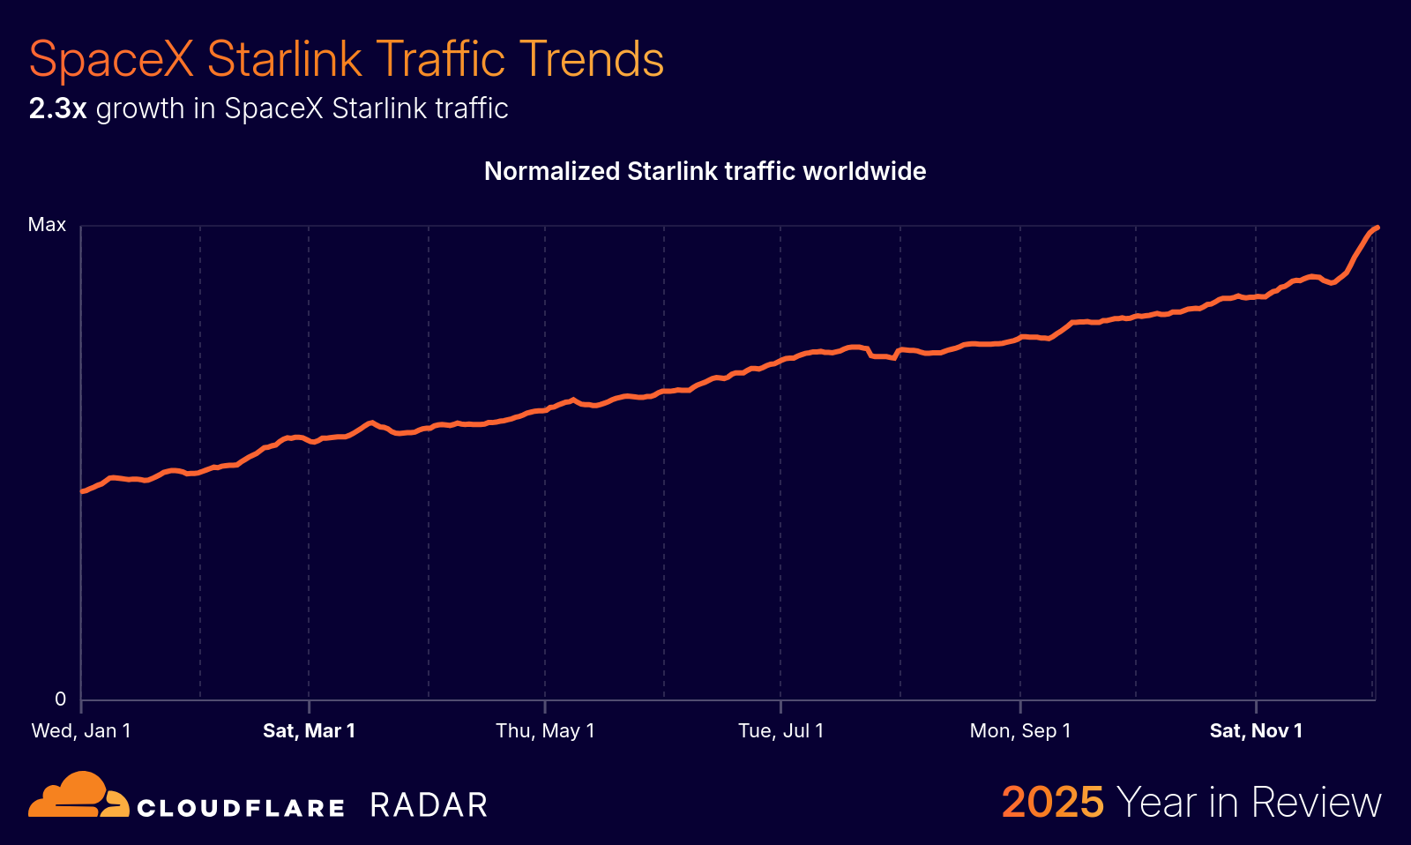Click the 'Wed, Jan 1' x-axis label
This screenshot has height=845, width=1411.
tap(81, 730)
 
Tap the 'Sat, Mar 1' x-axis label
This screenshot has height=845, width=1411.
tap(309, 730)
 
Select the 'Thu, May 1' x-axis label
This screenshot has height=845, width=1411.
tap(545, 730)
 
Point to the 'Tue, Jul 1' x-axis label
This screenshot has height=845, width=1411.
tap(780, 730)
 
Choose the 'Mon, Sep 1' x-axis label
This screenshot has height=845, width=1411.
tap(1020, 730)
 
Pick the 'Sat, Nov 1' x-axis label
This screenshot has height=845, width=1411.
tap(1256, 730)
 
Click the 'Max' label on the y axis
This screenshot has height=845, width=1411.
tap(47, 225)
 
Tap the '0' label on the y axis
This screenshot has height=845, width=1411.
tap(60, 699)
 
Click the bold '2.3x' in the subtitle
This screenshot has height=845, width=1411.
tap(57, 108)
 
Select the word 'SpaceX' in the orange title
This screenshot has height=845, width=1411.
tap(111, 60)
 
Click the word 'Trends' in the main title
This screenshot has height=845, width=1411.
tap(591, 60)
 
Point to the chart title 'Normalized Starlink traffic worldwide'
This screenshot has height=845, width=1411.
tap(705, 171)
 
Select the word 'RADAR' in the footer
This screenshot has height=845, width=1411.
tap(429, 805)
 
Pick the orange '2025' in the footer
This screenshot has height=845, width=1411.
tap(1052, 802)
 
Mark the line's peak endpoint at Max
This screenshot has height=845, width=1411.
tap(1377, 228)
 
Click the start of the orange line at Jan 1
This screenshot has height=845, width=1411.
tap(82, 491)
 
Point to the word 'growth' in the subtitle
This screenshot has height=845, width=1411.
tap(140, 108)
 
